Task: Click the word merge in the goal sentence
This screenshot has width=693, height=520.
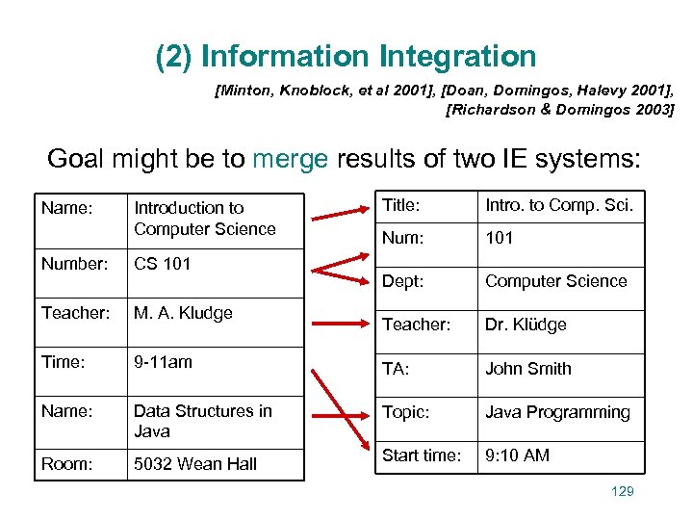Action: [290, 158]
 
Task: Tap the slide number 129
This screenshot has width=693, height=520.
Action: [623, 492]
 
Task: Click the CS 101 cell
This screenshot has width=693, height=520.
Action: [163, 263]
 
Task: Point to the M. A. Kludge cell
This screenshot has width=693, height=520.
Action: [183, 312]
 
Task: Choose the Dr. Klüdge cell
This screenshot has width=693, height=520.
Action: [526, 325]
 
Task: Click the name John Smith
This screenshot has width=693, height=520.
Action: [527, 369]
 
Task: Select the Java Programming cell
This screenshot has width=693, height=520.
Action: [557, 412]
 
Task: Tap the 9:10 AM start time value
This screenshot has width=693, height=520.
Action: [517, 455]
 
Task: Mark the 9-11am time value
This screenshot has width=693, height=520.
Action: [163, 362]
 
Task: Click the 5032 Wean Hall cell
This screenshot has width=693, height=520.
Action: [195, 463]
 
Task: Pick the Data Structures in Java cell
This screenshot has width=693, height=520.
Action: [203, 421]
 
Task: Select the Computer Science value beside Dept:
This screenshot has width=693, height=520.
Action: [555, 281]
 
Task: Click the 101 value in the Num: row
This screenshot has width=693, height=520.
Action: [499, 237]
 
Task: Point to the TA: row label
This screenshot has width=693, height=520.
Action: [396, 368]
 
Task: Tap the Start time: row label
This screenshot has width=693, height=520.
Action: [421, 455]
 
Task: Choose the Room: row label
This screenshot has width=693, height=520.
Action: [66, 463]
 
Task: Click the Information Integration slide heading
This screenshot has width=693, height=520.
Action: [346, 57]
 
